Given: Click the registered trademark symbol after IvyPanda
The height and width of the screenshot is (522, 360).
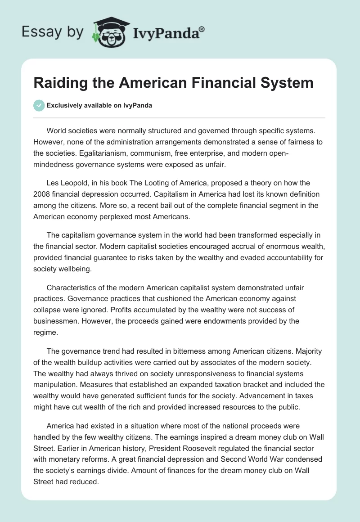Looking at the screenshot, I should (202, 30).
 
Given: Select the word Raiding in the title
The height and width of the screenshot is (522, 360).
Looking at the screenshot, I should (60, 83).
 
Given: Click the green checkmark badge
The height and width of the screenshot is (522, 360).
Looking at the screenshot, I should (39, 105).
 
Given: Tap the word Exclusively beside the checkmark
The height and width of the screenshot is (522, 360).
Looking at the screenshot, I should (63, 105).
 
